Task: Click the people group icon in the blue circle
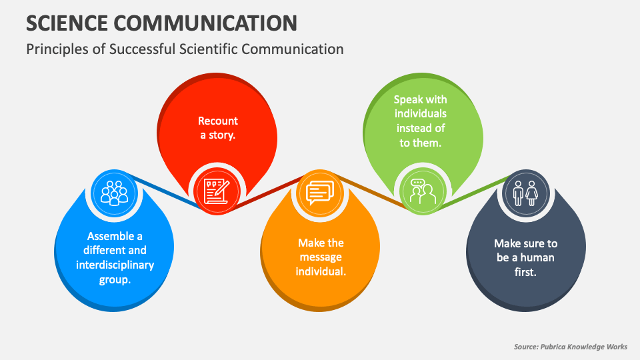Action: [x=113, y=192]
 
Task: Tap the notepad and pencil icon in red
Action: [x=216, y=191]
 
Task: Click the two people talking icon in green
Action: [x=422, y=191]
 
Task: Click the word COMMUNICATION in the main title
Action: [x=206, y=23]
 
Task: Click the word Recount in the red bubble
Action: [x=218, y=121]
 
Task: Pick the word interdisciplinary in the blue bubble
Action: [x=115, y=265]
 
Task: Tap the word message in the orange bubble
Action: [x=321, y=257]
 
